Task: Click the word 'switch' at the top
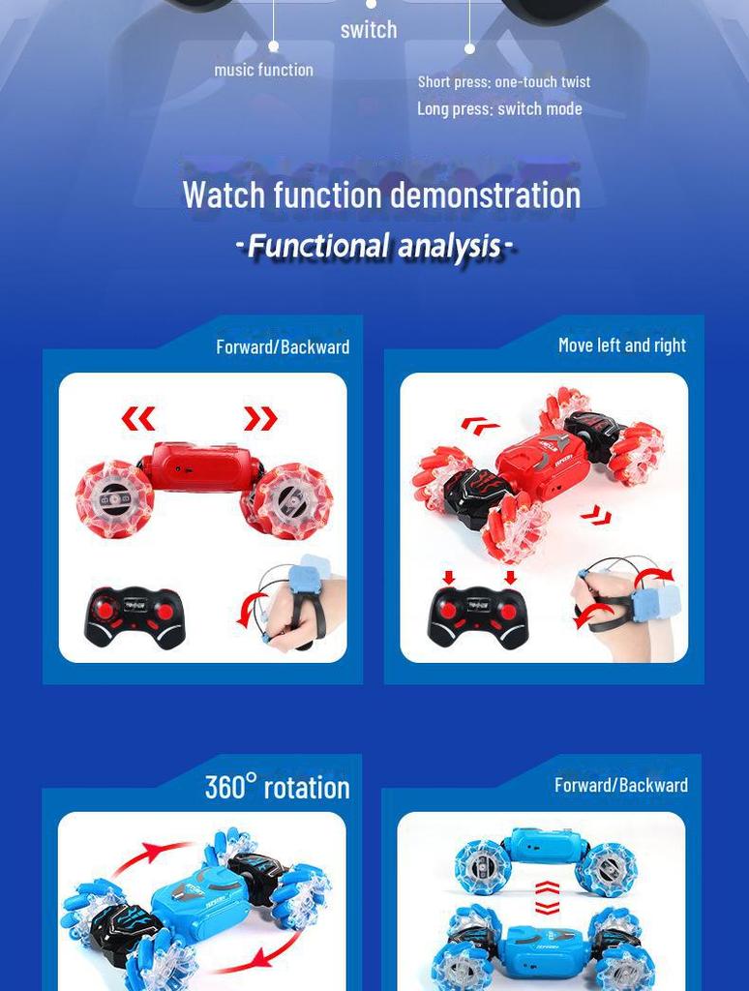pos(369,30)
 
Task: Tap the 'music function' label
pos(263,70)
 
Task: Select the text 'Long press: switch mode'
pos(499,108)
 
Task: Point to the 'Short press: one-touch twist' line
pos(504,82)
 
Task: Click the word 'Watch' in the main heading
pos(224,195)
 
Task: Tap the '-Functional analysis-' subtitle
pos(374,246)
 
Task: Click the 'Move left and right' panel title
pos(621,345)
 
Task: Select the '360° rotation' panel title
pos(277,787)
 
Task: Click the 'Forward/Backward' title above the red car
pos(283,346)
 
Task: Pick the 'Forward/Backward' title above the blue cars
pos(620,785)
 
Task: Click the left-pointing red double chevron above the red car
pos(138,419)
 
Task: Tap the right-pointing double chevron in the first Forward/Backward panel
pos(260,419)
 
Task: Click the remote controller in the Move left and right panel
pos(478,616)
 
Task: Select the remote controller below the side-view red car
pos(135,616)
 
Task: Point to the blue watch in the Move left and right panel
pos(656,601)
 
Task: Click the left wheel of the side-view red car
pos(114,498)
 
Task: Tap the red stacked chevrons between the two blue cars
pos(547,897)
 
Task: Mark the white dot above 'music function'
pos(274,46)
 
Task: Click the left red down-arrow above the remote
pos(449,578)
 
